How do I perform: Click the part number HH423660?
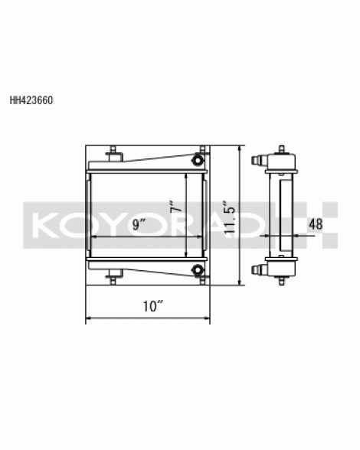(x=31, y=100)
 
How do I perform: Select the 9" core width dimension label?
(x=139, y=224)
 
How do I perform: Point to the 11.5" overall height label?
(x=230, y=216)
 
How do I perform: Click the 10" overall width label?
(x=153, y=306)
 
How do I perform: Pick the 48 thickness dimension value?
(x=316, y=224)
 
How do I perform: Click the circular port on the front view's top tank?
(x=198, y=159)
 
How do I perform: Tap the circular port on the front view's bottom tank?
(x=198, y=269)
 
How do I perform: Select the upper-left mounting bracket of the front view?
(x=114, y=154)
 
